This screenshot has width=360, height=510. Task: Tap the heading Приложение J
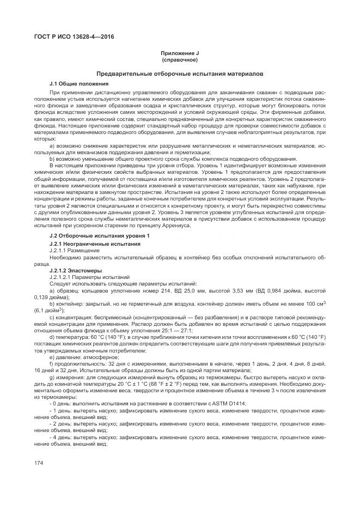[x=179, y=53]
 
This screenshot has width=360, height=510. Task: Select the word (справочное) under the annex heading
[x=179, y=59]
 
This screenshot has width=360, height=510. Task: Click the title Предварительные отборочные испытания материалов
[x=179, y=73]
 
